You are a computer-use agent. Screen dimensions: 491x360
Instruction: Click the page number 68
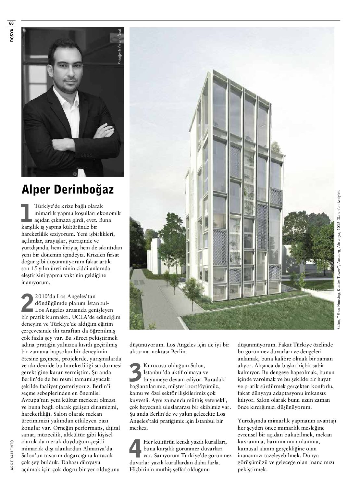click(x=11, y=23)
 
